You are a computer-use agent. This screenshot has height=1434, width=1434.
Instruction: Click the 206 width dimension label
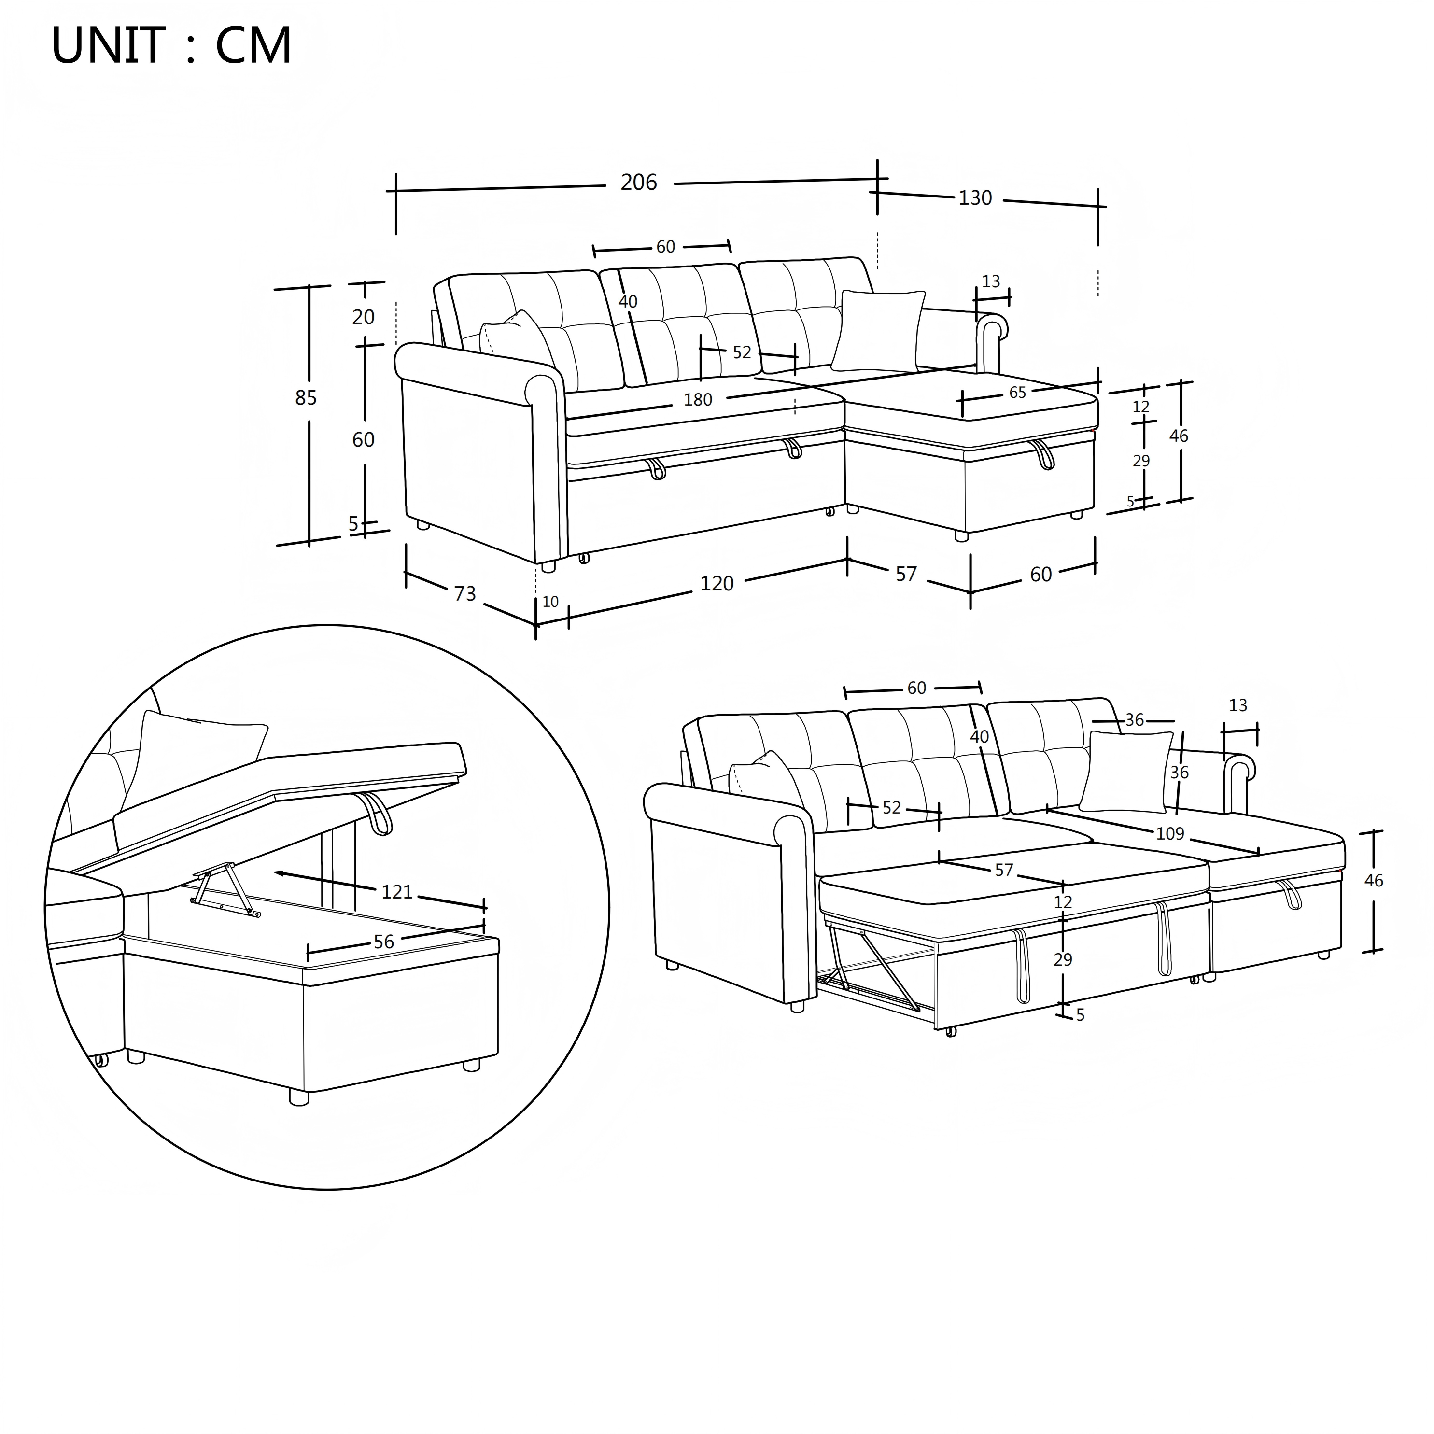[638, 183]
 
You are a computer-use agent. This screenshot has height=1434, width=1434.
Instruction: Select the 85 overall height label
[306, 399]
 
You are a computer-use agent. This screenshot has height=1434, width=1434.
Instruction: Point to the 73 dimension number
[464, 594]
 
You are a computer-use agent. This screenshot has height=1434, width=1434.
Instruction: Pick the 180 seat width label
[698, 400]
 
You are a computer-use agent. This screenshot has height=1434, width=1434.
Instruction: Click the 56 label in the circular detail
[384, 942]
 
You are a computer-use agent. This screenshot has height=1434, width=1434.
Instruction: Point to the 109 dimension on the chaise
[1170, 833]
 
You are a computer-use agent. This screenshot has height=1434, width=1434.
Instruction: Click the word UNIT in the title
[108, 46]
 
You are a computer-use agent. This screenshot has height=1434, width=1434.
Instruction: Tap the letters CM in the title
[254, 46]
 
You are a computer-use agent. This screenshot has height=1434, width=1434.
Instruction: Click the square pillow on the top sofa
[878, 330]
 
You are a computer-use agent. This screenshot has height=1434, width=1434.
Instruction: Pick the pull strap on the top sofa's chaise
[1043, 454]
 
